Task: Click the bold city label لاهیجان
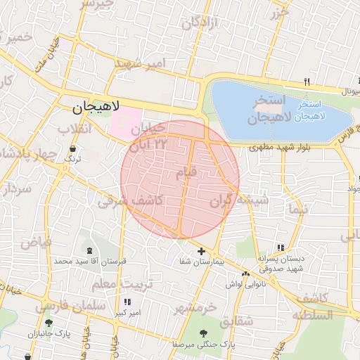tap(97, 108)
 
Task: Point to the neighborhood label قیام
tap(191, 172)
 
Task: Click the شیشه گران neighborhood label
tap(239, 201)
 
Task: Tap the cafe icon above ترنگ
tap(73, 149)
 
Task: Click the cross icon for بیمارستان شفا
tap(201, 251)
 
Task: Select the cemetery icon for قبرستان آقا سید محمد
tap(89, 250)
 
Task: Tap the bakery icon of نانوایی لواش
tap(245, 273)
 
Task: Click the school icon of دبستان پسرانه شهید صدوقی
tap(281, 248)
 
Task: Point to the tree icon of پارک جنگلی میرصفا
tap(203, 333)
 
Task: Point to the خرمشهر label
tap(198, 307)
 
